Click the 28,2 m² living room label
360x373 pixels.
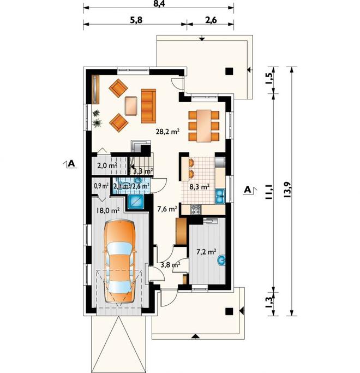pyautogui.click(x=167, y=131)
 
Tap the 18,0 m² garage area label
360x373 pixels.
pyautogui.click(x=107, y=210)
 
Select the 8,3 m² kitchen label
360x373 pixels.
pyautogui.click(x=200, y=187)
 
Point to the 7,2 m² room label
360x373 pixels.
pyautogui.click(x=206, y=251)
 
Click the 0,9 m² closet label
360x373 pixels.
pyautogui.click(x=101, y=186)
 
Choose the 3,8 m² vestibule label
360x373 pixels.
pyautogui.click(x=170, y=265)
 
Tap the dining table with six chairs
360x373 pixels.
pyautogui.click(x=203, y=126)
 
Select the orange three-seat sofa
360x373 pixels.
pyautogui.click(x=148, y=106)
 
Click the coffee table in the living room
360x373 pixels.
pyautogui.click(x=131, y=105)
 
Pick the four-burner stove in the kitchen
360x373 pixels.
pyautogui.click(x=196, y=210)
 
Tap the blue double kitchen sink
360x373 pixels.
pyautogui.click(x=220, y=196)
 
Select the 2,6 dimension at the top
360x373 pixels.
pyautogui.click(x=211, y=20)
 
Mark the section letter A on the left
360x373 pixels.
pyautogui.click(x=71, y=164)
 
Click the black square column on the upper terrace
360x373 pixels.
pyautogui.click(x=229, y=71)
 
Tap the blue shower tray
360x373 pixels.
pyautogui.click(x=136, y=202)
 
